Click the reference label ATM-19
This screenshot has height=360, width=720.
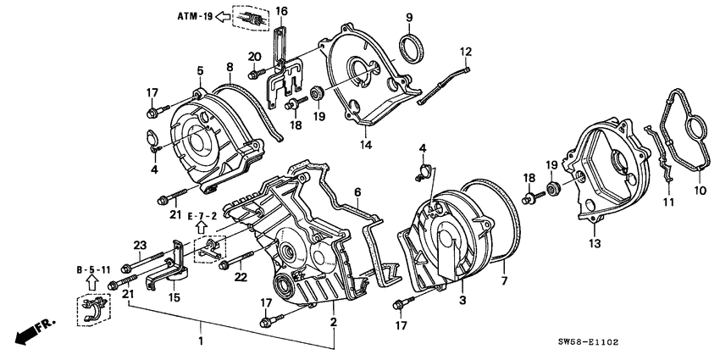[193, 15]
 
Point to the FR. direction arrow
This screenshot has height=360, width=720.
[30, 330]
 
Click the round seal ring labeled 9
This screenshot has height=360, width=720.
[411, 47]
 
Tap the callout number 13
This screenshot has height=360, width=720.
[594, 242]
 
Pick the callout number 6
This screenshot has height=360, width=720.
[357, 192]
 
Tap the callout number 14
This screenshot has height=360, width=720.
[366, 145]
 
